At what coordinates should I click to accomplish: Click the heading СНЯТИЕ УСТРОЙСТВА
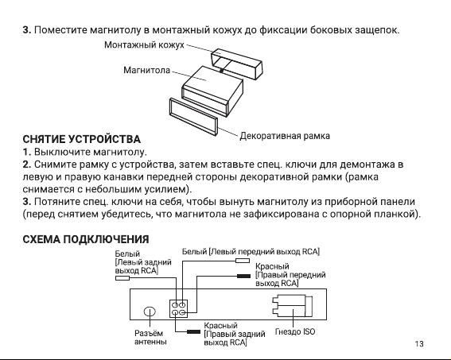click(x=81, y=139)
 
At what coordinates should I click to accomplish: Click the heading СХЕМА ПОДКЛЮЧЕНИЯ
click(x=86, y=239)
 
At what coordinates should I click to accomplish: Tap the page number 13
click(x=419, y=343)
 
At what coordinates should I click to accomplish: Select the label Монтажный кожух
click(x=144, y=45)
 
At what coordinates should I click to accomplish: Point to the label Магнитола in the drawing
click(x=146, y=70)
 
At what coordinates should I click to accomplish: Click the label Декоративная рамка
click(x=285, y=136)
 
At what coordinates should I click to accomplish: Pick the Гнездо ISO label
click(x=295, y=331)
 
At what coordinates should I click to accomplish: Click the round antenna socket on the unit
click(x=150, y=312)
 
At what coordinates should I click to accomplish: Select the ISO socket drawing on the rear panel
click(x=292, y=306)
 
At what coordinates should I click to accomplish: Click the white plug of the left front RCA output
click(x=243, y=261)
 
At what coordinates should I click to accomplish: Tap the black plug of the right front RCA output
click(x=243, y=276)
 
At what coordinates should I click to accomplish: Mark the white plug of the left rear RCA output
click(x=122, y=278)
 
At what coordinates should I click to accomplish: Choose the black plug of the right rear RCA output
click(x=193, y=332)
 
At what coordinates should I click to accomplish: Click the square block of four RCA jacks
click(x=179, y=308)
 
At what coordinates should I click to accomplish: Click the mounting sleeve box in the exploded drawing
click(x=237, y=64)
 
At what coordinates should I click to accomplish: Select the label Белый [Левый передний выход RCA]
click(x=251, y=252)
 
